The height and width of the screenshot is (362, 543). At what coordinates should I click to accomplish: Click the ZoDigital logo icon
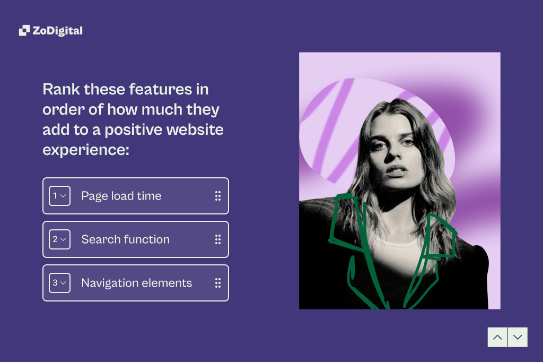tap(24, 30)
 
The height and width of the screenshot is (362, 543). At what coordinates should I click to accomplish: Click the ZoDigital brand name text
tap(57, 31)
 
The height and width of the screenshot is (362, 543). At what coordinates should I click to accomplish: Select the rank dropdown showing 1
tap(59, 196)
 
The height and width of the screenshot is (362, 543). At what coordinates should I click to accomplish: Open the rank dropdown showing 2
tap(59, 239)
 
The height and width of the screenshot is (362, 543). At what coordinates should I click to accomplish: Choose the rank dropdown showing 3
tap(59, 283)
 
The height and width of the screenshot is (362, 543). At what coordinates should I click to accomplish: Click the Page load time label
tap(121, 196)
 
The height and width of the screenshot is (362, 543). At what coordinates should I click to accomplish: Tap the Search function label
tap(125, 239)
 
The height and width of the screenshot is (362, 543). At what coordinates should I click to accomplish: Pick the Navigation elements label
tap(136, 283)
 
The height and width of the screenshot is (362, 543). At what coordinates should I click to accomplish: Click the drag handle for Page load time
tap(218, 196)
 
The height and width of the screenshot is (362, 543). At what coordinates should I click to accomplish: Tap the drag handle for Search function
tap(218, 239)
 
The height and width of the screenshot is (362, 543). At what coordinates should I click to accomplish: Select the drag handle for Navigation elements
tap(218, 283)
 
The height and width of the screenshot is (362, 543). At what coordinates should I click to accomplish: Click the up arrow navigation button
tap(497, 337)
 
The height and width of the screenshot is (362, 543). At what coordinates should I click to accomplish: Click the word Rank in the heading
tap(62, 89)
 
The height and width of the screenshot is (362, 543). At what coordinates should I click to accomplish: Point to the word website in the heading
tap(195, 130)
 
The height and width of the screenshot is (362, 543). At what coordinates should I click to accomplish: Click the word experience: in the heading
tap(86, 150)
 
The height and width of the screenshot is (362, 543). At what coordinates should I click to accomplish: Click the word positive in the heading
tap(133, 130)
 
